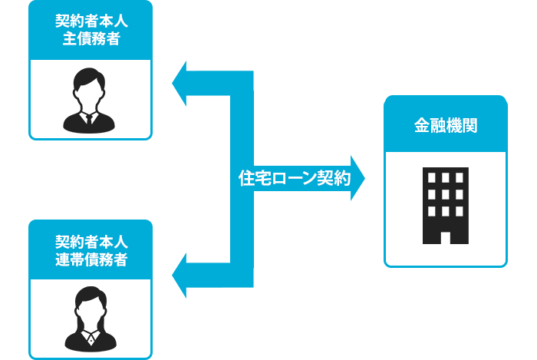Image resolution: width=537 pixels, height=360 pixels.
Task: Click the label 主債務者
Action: pos(91,39)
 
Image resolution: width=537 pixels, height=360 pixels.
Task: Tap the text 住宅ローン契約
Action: pos(295,179)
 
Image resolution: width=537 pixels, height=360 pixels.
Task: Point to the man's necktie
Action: pos(90,119)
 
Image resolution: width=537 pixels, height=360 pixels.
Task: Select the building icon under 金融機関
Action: pos(446,205)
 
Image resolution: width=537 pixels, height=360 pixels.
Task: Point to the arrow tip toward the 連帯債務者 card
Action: pos(173,274)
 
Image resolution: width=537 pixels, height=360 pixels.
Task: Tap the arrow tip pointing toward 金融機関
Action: pos(363,179)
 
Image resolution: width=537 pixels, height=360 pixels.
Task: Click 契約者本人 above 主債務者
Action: pos(91,21)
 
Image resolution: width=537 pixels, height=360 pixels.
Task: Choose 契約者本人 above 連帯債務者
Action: pos(91,241)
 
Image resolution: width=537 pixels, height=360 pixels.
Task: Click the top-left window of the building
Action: pos(431,178)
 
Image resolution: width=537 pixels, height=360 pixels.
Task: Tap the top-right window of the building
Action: pos(460,178)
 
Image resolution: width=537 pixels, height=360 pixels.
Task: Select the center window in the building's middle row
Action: pos(446,194)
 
